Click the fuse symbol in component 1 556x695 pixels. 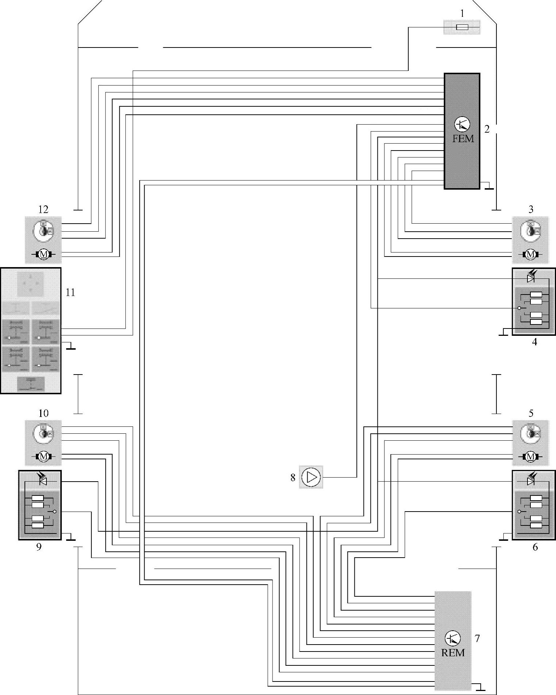pos(462,27)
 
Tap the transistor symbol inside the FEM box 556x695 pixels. pos(462,125)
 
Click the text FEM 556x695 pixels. pos(463,139)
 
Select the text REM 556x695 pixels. pos(453,653)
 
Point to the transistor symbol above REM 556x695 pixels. pos(453,638)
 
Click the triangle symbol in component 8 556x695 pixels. pos(311,477)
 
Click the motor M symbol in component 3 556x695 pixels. pos(530,254)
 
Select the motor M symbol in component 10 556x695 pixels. pos(43,456)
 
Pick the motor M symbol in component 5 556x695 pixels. pos(530,456)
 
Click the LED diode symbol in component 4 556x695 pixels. pos(530,279)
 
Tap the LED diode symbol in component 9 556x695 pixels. pos(43,482)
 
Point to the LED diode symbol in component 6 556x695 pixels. pos(530,482)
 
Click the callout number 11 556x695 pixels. pos(70,292)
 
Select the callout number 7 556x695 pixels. pos(477,638)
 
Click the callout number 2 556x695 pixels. pos(487,129)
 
